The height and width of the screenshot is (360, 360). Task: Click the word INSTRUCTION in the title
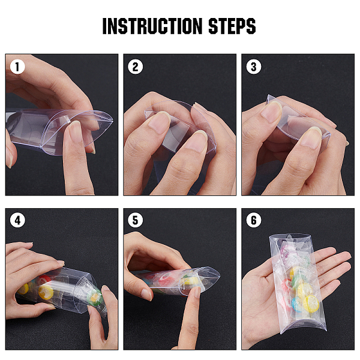152,26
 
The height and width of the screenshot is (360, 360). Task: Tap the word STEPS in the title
232,26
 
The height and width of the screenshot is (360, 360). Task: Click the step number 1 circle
17,67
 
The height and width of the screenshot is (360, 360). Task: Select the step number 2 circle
135,67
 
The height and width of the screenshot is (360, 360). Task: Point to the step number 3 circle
253,67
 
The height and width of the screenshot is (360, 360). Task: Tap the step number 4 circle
17,220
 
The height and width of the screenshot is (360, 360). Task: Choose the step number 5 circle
135,220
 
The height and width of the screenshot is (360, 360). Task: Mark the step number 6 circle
253,220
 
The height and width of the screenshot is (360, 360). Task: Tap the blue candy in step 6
297,304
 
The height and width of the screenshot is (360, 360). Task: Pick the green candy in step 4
95,298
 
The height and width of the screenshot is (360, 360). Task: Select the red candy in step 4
44,279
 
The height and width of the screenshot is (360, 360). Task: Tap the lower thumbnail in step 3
311,137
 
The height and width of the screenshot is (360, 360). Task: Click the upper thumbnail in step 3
271,112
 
